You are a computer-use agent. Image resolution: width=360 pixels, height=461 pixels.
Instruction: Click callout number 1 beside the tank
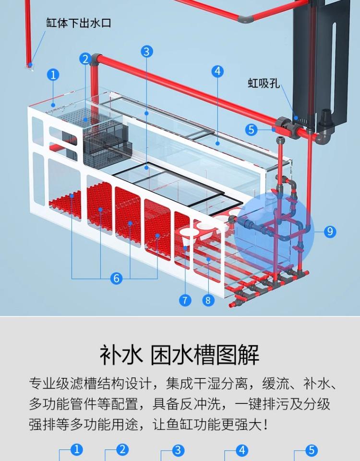53,75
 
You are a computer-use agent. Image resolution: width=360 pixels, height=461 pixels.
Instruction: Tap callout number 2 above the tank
86,60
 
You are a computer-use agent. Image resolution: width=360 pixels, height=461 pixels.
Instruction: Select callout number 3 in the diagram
147,51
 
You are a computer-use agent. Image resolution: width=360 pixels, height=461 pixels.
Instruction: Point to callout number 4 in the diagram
217,71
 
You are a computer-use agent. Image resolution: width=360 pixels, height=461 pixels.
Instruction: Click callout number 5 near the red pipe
251,129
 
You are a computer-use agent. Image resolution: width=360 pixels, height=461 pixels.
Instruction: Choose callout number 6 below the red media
116,278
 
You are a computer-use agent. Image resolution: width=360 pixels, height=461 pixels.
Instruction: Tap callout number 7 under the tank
185,300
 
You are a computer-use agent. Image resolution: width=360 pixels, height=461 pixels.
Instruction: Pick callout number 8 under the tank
208,300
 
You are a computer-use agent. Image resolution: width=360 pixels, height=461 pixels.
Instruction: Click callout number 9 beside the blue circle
329,231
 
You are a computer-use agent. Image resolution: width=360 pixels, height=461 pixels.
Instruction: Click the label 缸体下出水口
79,23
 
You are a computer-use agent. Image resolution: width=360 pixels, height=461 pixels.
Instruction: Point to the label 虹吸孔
264,83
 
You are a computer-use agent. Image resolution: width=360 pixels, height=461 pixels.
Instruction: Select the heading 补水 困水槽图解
180,355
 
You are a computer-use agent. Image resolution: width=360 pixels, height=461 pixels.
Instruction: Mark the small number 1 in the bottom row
76,450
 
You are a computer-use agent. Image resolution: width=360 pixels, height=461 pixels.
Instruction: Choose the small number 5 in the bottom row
312,450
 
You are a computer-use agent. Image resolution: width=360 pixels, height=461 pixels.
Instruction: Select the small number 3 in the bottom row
178,450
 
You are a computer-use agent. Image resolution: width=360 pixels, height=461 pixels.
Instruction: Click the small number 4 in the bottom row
242,450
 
